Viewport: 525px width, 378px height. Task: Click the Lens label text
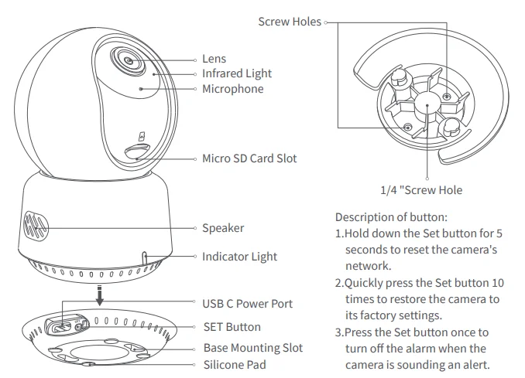214,59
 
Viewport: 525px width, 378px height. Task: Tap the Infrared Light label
237,73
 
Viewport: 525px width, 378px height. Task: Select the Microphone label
232,89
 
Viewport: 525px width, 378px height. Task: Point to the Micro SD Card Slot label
249,158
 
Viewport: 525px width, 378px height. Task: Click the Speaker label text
223,228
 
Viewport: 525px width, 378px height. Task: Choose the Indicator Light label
239,257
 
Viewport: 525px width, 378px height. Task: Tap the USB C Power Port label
247,304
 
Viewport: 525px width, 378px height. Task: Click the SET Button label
232,327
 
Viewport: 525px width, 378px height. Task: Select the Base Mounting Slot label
252,348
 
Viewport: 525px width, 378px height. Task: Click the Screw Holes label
289,22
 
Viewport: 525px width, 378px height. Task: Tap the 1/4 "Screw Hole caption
421,189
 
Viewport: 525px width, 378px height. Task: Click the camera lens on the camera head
127,59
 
